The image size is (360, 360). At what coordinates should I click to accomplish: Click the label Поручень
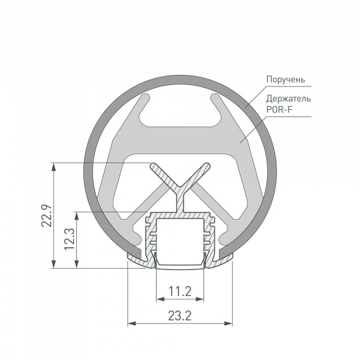tap(286, 79)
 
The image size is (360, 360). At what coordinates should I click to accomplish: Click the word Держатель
tap(288, 98)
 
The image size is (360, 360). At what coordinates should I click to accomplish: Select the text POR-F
tap(278, 109)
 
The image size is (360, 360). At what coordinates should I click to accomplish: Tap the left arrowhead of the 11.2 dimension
tap(160, 299)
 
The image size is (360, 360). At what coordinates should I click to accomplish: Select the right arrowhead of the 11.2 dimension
tap(200, 299)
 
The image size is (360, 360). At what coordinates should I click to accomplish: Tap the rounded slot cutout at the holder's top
tap(179, 120)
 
